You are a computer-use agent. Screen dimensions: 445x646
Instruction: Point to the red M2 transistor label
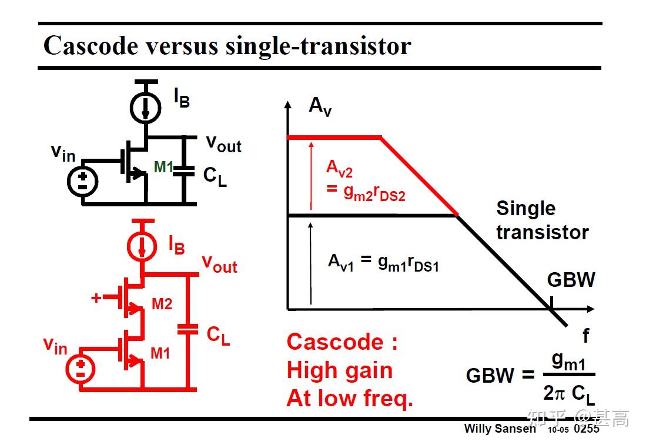[162, 304]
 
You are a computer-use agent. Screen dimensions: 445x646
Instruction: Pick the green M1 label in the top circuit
[163, 168]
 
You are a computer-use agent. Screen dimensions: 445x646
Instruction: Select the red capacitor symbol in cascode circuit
[188, 329]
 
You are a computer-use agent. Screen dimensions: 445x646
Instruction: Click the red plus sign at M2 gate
[96, 298]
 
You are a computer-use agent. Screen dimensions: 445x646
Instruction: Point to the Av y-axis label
[320, 106]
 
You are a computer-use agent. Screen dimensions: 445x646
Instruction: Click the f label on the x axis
[585, 336]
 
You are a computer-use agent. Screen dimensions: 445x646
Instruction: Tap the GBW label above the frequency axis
[571, 280]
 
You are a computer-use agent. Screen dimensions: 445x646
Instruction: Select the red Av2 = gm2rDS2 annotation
[365, 180]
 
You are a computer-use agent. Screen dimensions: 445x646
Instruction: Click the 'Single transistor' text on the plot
[541, 220]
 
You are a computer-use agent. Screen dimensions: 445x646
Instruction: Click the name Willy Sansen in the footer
[500, 428]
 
